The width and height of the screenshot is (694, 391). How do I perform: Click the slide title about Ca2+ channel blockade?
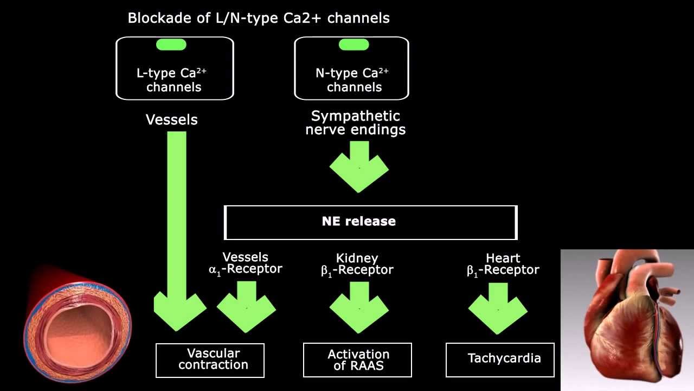point(258,18)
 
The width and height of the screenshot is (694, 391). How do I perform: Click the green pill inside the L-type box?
point(171,45)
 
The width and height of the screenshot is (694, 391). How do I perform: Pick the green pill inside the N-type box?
point(354,45)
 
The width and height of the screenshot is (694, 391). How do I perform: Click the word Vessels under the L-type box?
point(171,120)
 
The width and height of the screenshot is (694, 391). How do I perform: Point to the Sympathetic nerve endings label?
point(355,123)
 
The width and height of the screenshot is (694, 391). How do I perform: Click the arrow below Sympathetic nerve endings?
point(359,166)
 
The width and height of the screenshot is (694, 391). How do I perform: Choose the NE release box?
point(371,222)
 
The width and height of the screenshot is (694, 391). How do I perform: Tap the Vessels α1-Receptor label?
point(246,263)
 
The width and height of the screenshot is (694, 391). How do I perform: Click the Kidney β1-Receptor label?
point(357,264)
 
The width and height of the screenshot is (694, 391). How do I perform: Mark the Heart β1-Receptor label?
point(503,264)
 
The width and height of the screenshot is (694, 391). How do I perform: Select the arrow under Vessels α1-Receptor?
point(246,307)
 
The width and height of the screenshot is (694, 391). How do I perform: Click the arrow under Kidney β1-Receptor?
point(359,307)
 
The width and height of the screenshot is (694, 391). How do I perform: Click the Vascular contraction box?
point(210,360)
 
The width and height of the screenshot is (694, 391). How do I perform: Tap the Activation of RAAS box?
point(358,360)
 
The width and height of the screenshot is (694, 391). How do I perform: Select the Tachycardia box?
point(500,359)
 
